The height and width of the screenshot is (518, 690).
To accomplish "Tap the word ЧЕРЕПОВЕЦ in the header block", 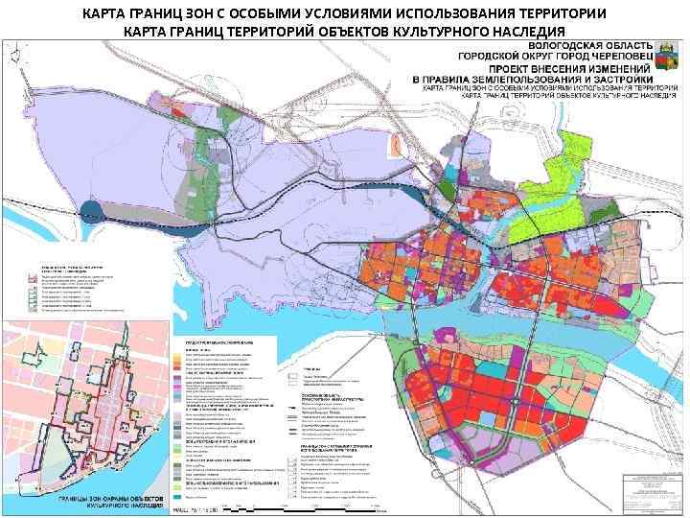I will coord(613,57).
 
